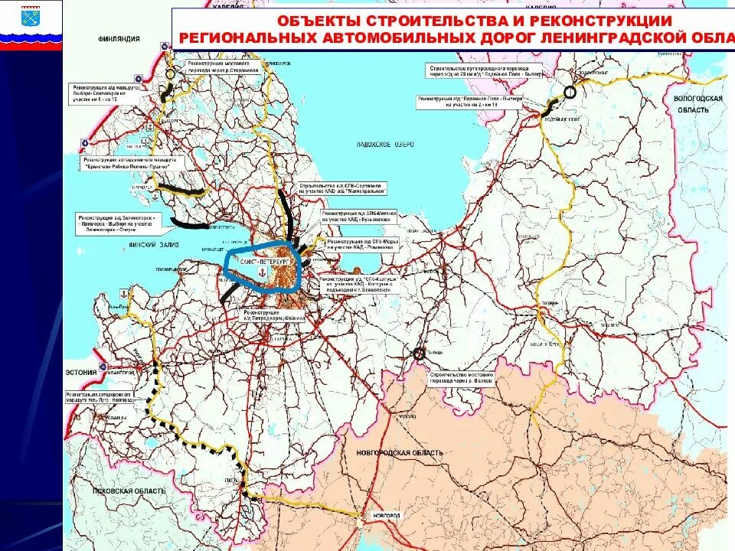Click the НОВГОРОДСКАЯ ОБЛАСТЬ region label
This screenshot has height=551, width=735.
pos(400,453)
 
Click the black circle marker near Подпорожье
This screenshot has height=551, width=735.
pos(569,92)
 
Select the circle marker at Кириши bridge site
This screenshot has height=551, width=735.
pos(419,354)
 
